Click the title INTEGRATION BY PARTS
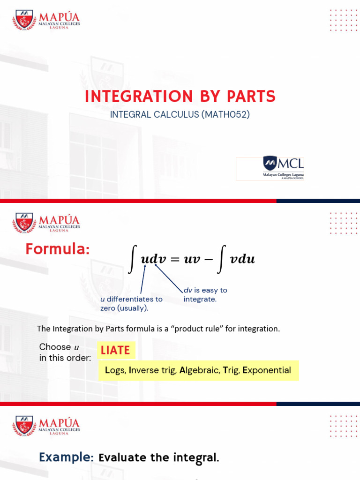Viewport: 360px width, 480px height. (x=180, y=96)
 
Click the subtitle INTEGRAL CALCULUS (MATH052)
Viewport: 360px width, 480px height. (x=180, y=114)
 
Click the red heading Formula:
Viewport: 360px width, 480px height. (x=57, y=249)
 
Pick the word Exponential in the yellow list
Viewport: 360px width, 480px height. (x=267, y=370)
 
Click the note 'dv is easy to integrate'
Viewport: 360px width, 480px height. (x=205, y=295)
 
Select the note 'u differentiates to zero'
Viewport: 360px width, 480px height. (x=131, y=303)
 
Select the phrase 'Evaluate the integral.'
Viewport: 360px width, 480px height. (x=159, y=457)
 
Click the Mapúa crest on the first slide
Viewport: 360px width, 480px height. (x=24, y=20)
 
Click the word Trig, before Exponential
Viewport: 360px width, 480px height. (x=232, y=370)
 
